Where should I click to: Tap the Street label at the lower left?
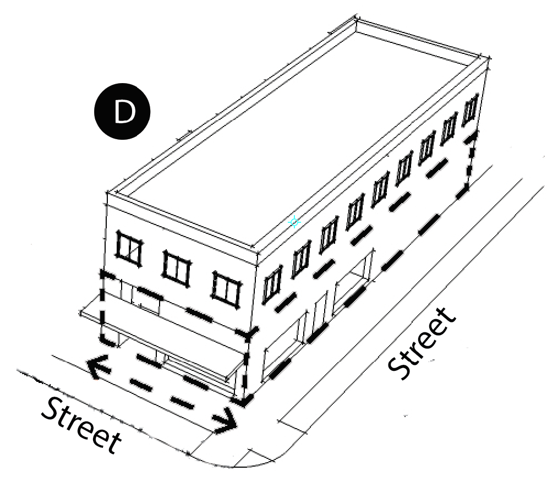point(81,424)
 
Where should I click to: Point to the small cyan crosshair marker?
point(294,222)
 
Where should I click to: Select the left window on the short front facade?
point(129,249)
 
